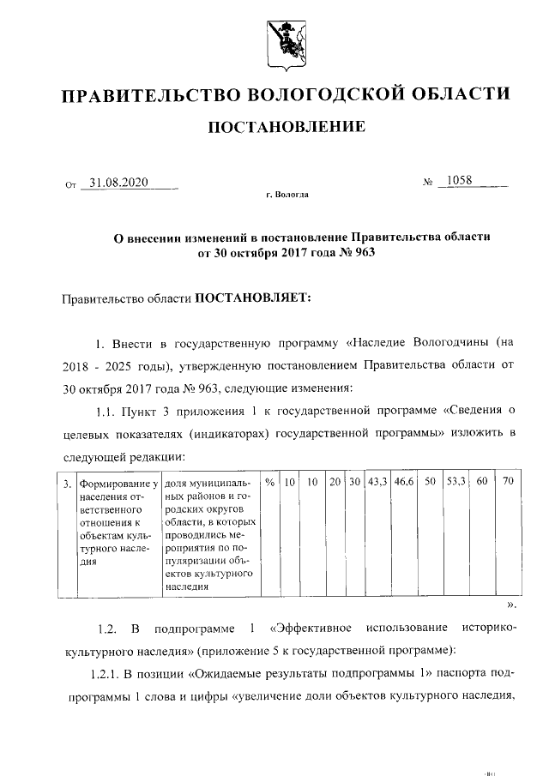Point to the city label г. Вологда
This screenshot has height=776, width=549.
[x=287, y=196]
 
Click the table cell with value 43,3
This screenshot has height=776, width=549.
[x=378, y=483]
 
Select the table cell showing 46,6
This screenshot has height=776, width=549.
[x=405, y=483]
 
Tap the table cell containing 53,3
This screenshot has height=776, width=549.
[x=455, y=483]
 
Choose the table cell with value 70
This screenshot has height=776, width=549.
[x=508, y=483]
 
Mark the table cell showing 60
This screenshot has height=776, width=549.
[x=482, y=483]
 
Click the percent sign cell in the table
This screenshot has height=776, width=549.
[x=269, y=483]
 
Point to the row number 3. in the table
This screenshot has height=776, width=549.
[x=67, y=484]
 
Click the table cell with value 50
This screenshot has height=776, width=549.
[x=431, y=483]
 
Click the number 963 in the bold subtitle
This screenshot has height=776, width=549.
[x=365, y=253]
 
